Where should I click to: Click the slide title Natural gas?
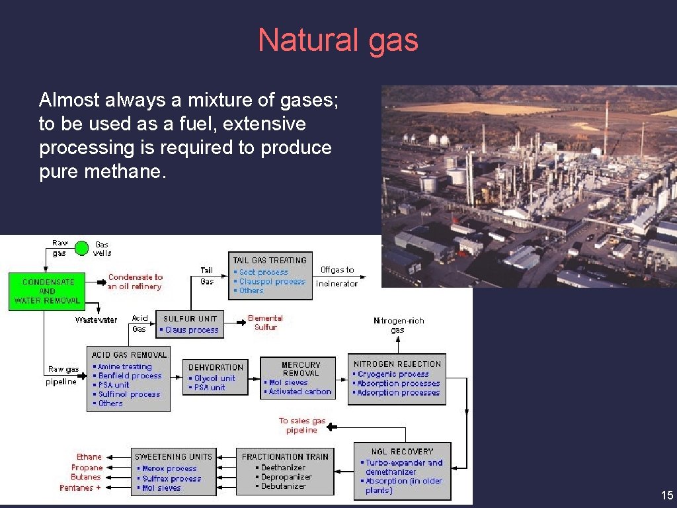pos(338,40)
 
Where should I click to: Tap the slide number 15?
pos(666,495)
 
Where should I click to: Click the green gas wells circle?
pos(81,248)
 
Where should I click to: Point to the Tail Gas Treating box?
pos(270,276)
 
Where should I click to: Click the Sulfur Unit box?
pos(190,324)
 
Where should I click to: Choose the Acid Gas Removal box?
pos(129,379)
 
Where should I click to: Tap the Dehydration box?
pos(216,378)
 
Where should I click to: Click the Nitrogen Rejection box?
pos(397,379)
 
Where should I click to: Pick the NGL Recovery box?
pos(402,471)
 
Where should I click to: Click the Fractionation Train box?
pos(285,472)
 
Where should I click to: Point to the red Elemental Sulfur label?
pos(265,323)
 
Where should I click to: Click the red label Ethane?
pos(89,457)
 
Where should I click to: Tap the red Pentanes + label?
pos(81,488)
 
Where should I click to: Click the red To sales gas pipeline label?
pos(301,425)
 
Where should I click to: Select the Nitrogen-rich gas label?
pos(398,325)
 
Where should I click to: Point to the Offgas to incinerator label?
pos(337,276)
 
